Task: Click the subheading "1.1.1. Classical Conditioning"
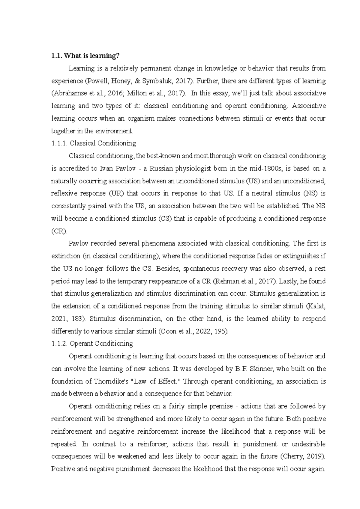click(x=94, y=143)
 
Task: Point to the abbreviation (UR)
click(x=115, y=193)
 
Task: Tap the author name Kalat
click(x=317, y=306)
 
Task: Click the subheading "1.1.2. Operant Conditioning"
click(x=92, y=344)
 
